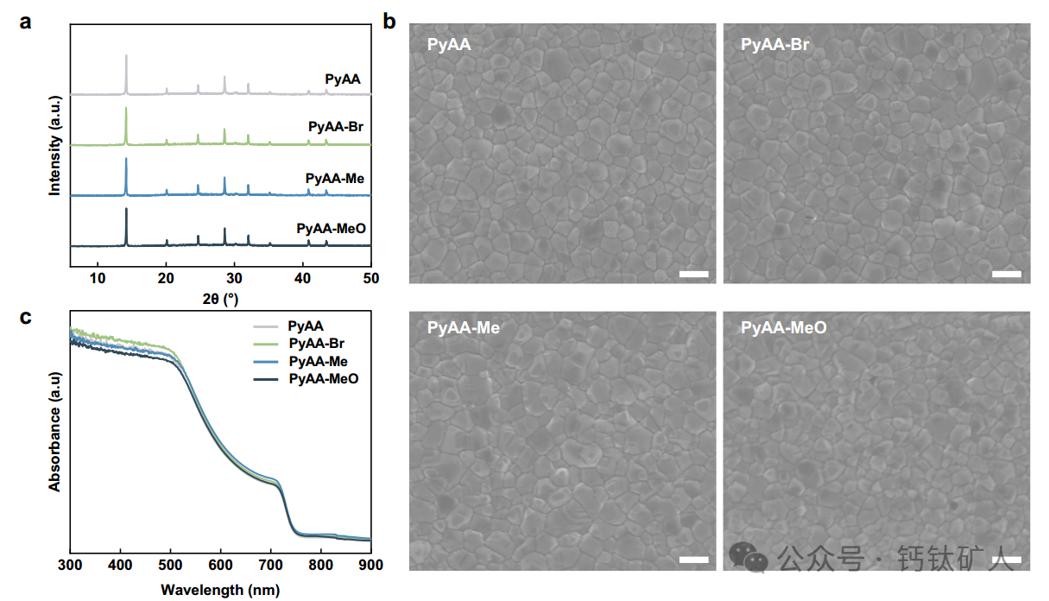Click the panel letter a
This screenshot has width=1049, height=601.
(25, 22)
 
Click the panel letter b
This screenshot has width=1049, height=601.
(389, 22)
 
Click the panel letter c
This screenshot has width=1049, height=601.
(25, 317)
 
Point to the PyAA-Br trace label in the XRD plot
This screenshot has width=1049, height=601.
(336, 128)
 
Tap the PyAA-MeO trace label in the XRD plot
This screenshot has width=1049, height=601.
(331, 229)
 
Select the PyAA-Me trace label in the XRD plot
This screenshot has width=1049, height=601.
(334, 179)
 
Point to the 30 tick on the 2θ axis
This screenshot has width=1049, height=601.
(234, 277)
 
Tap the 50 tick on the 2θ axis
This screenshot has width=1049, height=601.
(370, 277)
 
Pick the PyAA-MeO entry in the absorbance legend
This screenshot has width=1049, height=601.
(323, 379)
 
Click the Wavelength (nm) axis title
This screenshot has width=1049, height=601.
(220, 591)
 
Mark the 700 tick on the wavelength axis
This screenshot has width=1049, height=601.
(270, 565)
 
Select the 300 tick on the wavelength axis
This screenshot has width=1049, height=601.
(70, 565)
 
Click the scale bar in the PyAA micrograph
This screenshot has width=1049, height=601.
(694, 275)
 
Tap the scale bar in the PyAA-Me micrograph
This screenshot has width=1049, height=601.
(694, 560)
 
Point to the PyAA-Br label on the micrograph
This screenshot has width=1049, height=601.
(774, 45)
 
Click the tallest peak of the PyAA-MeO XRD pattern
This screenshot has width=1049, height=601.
(126, 210)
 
